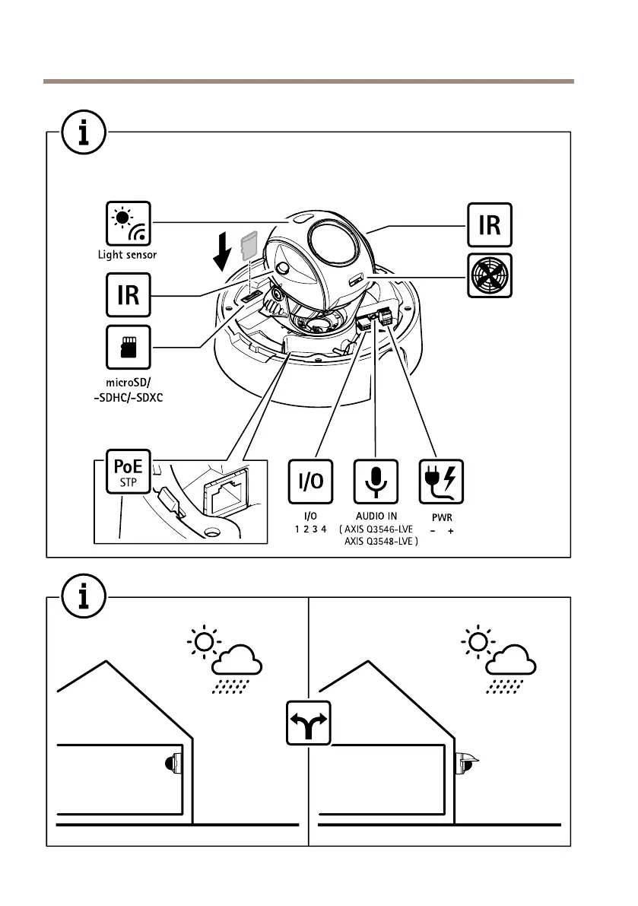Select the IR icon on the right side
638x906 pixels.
click(489, 225)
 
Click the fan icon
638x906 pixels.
click(489, 275)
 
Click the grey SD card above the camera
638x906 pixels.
click(247, 246)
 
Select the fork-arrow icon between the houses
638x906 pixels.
click(308, 723)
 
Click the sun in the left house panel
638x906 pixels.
click(203, 644)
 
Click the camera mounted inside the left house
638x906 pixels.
click(173, 763)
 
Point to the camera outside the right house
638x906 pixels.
click(465, 762)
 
